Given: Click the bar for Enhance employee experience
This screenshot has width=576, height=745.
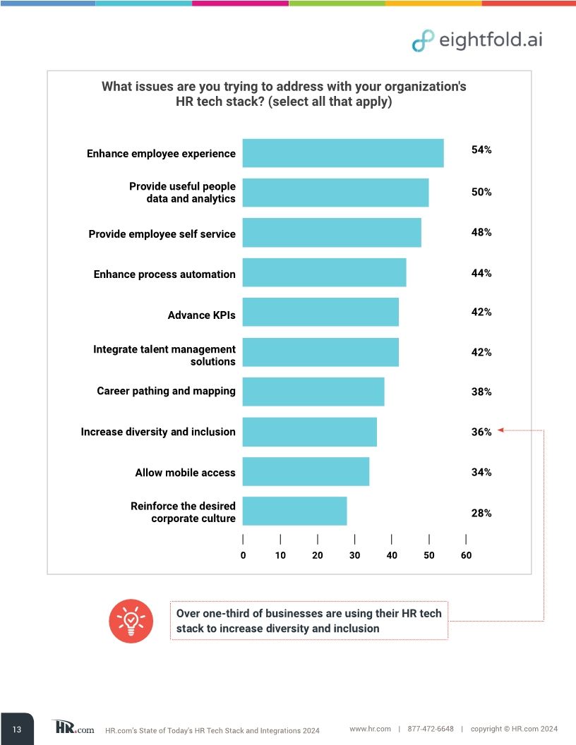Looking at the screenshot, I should click(343, 153).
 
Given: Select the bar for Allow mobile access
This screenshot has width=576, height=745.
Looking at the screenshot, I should click(306, 471).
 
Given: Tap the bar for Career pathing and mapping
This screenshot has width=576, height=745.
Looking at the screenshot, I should click(313, 392).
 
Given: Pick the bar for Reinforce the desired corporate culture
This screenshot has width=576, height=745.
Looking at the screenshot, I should click(294, 511).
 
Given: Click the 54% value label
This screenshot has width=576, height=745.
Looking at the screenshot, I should click(481, 150).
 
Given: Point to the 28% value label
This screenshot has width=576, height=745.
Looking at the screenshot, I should click(481, 514).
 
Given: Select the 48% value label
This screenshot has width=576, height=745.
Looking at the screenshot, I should click(481, 232).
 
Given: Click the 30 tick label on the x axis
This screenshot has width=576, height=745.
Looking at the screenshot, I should click(354, 555).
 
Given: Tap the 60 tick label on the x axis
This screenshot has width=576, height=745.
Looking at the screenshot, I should click(466, 555).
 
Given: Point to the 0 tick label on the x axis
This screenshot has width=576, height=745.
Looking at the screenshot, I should click(243, 555).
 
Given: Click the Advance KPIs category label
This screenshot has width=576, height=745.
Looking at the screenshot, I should click(201, 315).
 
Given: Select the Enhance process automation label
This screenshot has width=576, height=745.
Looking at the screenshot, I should click(164, 274).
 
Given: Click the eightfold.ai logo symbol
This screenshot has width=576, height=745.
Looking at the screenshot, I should click(423, 40).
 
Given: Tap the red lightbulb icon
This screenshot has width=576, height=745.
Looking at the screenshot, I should click(131, 620).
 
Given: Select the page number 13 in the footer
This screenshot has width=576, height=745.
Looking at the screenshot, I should click(17, 729).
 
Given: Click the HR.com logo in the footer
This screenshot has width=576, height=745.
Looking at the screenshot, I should click(73, 728).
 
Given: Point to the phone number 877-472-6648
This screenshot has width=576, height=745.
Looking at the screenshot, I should click(431, 729).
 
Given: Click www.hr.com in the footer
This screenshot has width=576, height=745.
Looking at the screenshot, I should click(370, 729).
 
